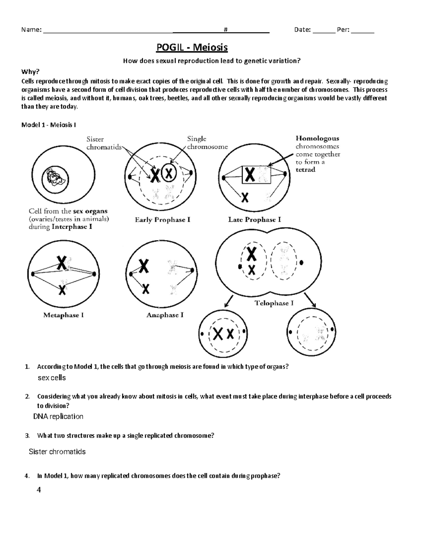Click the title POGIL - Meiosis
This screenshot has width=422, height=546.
click(x=192, y=47)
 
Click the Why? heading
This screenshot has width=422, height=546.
click(x=31, y=72)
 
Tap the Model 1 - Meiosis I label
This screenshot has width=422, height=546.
click(x=49, y=125)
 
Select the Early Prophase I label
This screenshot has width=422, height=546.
click(x=163, y=220)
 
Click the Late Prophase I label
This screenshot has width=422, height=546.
click(x=255, y=220)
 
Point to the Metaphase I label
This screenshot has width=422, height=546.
click(x=63, y=315)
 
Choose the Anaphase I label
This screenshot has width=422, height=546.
click(x=165, y=315)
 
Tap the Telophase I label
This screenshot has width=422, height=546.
click(x=274, y=303)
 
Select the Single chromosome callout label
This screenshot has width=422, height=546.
click(x=207, y=143)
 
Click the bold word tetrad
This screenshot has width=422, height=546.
click(x=305, y=170)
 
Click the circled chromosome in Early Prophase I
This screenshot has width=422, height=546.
click(x=169, y=173)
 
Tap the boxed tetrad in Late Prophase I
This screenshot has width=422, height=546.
click(x=256, y=174)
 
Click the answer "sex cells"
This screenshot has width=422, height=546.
click(x=52, y=378)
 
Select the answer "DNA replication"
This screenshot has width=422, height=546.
click(x=58, y=417)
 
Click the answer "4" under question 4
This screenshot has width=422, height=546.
click(x=39, y=490)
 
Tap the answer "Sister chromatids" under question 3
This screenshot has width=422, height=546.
click(x=57, y=452)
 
